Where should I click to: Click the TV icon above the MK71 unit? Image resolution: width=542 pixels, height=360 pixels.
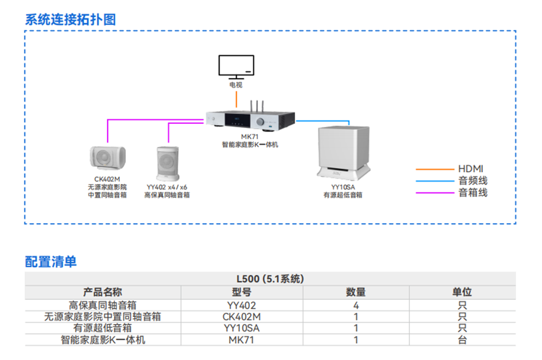236,66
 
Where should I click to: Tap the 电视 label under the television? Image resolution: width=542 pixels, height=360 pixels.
236,85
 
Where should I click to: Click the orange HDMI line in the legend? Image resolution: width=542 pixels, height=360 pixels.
435,169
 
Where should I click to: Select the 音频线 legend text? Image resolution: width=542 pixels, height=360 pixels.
473,181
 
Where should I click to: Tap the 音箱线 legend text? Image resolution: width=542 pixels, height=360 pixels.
473,192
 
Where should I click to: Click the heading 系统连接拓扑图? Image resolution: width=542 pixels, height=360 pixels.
70,19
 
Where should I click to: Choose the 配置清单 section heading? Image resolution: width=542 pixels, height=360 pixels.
51,261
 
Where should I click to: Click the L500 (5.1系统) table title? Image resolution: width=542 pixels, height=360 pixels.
270,279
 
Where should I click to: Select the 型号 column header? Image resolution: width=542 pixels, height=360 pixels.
241,292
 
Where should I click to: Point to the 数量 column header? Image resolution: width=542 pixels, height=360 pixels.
355,292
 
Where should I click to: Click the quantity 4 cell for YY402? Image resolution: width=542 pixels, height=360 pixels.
355,305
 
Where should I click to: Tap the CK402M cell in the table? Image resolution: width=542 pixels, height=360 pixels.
241,316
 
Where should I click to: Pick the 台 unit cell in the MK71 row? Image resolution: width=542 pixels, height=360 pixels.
462,340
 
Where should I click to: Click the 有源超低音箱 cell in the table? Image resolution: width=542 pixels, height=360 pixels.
102,328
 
